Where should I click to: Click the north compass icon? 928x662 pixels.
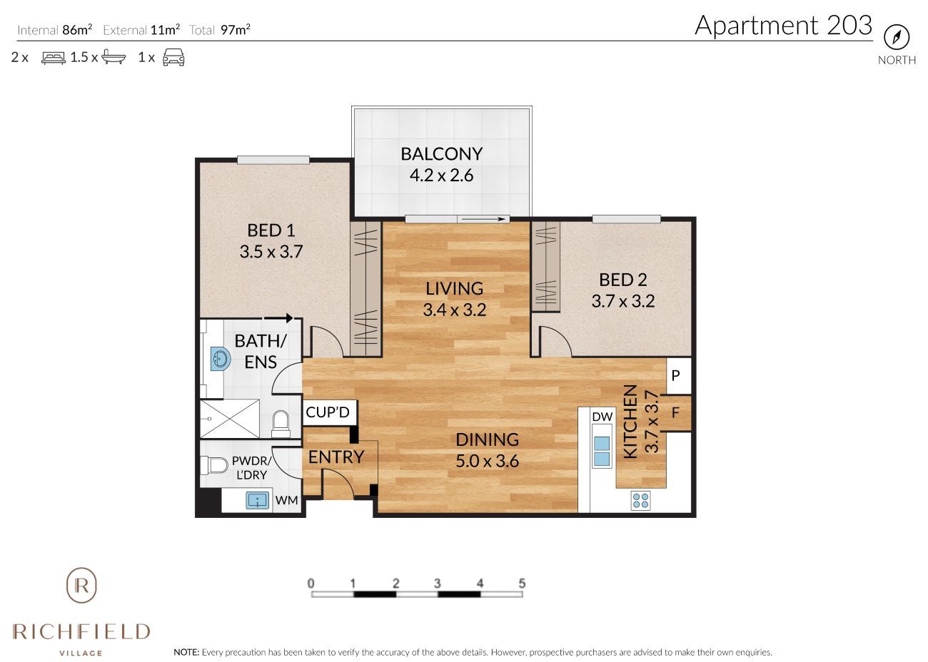pyautogui.click(x=897, y=37)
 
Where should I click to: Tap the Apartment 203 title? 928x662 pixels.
pyautogui.click(x=783, y=25)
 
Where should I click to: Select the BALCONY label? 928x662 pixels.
pyautogui.click(x=441, y=153)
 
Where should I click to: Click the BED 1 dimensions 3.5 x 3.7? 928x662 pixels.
pyautogui.click(x=271, y=252)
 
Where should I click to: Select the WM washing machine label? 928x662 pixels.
pyautogui.click(x=286, y=500)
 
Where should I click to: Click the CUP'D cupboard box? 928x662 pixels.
pyautogui.click(x=328, y=412)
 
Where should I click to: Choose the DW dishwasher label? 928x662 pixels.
pyautogui.click(x=602, y=417)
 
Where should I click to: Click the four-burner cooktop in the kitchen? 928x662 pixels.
pyautogui.click(x=640, y=501)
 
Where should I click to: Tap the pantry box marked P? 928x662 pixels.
pyautogui.click(x=675, y=375)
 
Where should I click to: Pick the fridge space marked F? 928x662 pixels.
pyautogui.click(x=675, y=412)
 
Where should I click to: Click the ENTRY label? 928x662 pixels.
pyautogui.click(x=336, y=457)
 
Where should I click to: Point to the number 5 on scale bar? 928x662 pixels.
pyautogui.click(x=522, y=584)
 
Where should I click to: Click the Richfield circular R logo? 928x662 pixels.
pyautogui.click(x=81, y=586)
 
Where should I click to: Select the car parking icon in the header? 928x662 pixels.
pyautogui.click(x=173, y=58)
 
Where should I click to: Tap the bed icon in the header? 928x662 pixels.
pyautogui.click(x=53, y=58)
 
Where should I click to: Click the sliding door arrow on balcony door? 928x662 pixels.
pyautogui.click(x=483, y=219)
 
